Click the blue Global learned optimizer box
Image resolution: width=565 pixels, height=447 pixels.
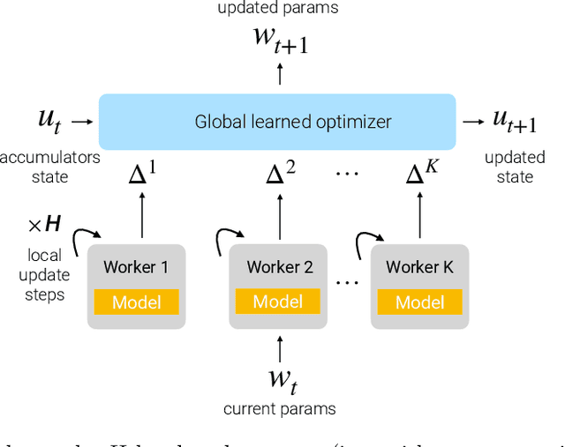coord(277,122)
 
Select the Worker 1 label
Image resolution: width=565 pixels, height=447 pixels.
coord(136,267)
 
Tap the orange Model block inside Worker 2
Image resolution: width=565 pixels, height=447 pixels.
coord(278,302)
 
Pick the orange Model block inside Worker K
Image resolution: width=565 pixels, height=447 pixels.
coord(419,302)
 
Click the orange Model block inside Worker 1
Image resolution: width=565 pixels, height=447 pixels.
coord(136,302)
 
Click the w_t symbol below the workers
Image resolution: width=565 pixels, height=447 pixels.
coord(280,380)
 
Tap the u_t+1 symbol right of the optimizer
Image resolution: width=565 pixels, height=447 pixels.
coord(515,123)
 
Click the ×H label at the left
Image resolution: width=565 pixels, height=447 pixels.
coord(44,225)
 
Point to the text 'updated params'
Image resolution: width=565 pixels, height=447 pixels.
coord(278,8)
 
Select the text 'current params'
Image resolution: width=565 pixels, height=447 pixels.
coord(279,409)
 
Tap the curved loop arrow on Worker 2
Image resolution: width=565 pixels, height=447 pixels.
coord(227,239)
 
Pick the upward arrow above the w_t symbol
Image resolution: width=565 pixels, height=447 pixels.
coord(280,345)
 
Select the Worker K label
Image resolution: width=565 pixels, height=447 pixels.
coord(419,267)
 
